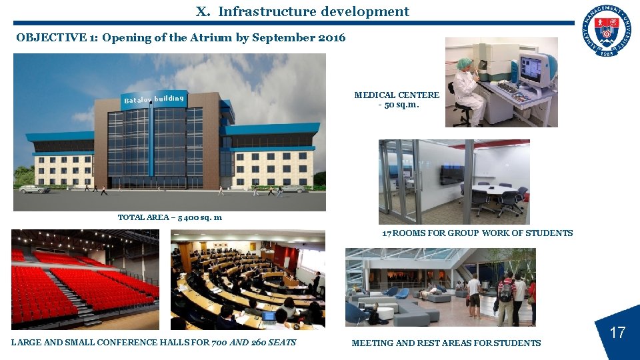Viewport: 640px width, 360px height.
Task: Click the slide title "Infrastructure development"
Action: [313, 11]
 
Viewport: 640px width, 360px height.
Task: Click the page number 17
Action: [618, 332]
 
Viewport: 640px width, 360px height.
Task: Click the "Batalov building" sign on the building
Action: [153, 99]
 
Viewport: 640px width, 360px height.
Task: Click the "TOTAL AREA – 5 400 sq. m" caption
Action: [170, 217]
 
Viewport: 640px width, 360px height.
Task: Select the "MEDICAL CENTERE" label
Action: [397, 95]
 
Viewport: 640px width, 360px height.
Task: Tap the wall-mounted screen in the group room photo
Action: [451, 175]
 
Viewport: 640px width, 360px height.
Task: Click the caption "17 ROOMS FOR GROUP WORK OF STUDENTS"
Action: [477, 233]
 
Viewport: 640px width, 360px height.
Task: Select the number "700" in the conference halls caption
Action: [219, 343]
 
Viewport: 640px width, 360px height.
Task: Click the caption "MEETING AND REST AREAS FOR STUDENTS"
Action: [446, 343]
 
